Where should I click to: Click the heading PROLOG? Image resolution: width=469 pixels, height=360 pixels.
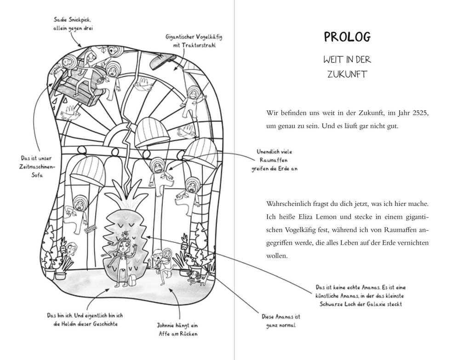point(347,37)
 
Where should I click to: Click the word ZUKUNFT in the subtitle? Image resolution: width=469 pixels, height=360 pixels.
point(347,74)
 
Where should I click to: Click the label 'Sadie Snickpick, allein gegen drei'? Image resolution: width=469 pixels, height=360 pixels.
point(73,24)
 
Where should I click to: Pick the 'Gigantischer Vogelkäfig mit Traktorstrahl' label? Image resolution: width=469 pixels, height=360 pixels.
point(194,41)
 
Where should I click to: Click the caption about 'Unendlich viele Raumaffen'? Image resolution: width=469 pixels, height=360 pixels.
point(275,160)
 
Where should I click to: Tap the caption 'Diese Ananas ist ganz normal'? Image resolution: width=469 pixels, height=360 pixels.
point(280,321)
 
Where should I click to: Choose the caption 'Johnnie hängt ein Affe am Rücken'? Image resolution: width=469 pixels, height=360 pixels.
point(178,329)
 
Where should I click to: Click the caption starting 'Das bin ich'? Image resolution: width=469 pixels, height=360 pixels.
point(85,320)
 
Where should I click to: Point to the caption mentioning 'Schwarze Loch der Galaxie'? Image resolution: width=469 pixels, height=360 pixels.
point(360,296)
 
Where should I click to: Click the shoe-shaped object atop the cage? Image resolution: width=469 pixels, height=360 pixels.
point(163,61)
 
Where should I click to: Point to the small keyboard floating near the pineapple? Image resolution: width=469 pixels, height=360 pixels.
point(91,229)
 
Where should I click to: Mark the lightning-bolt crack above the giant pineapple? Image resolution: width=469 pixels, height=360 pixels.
point(127,155)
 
